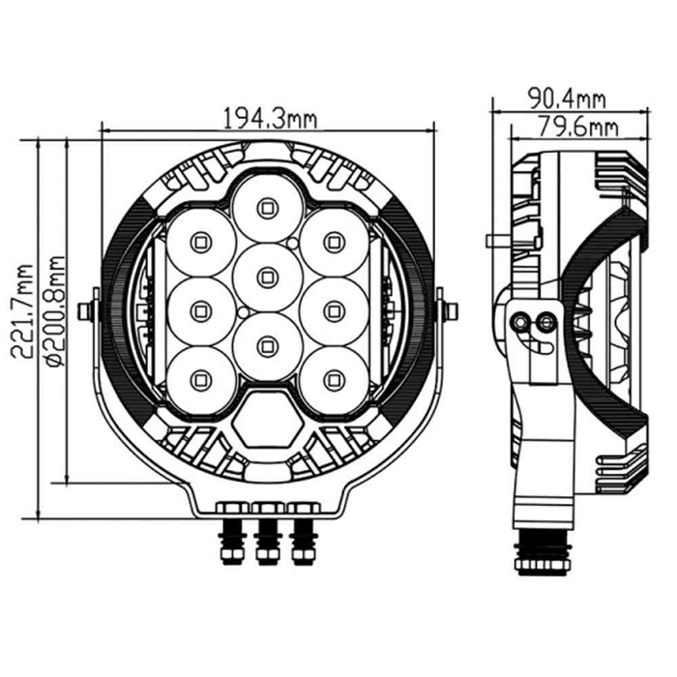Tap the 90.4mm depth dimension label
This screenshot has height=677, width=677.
tap(566, 97)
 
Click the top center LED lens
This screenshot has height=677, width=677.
tap(267, 205)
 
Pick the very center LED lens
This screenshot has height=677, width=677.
tap(267, 276)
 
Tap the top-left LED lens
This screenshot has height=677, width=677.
tap(200, 240)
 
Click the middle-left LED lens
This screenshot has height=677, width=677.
tap(200, 309)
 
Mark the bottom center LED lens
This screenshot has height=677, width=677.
tap(267, 342)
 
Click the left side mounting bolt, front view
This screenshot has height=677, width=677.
tap(88, 310)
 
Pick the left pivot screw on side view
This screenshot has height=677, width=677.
tap(525, 321)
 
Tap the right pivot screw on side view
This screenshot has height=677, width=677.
tap(546, 321)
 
